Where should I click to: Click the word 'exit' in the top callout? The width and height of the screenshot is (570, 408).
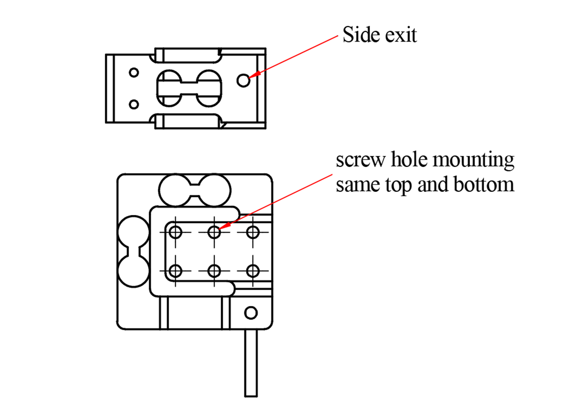pos(400,35)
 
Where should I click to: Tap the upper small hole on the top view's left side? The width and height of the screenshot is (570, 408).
pos(134,73)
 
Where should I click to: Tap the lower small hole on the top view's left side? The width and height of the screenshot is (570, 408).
pos(134,104)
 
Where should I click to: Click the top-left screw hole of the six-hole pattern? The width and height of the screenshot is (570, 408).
pos(175,233)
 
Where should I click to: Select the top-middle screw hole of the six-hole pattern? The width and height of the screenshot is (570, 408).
pos(214,233)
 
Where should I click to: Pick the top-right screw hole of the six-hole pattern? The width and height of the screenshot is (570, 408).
pos(252,233)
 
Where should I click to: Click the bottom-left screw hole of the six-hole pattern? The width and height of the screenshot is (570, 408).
pos(175,271)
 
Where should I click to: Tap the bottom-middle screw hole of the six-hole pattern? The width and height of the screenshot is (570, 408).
pos(214,271)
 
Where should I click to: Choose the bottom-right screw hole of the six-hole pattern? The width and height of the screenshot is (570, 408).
pos(252,271)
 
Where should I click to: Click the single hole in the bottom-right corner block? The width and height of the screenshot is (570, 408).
pos(250,312)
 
